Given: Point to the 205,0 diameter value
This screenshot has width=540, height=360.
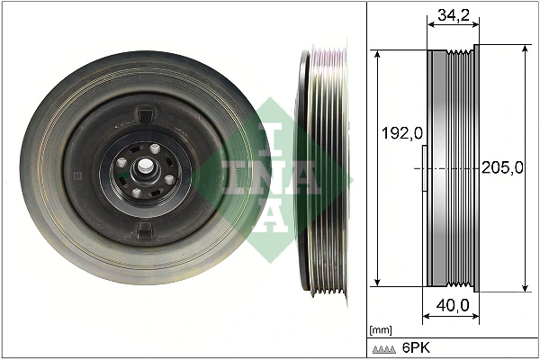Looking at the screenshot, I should [x=502, y=168].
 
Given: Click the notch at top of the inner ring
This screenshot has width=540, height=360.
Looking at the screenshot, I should [x=146, y=115].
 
